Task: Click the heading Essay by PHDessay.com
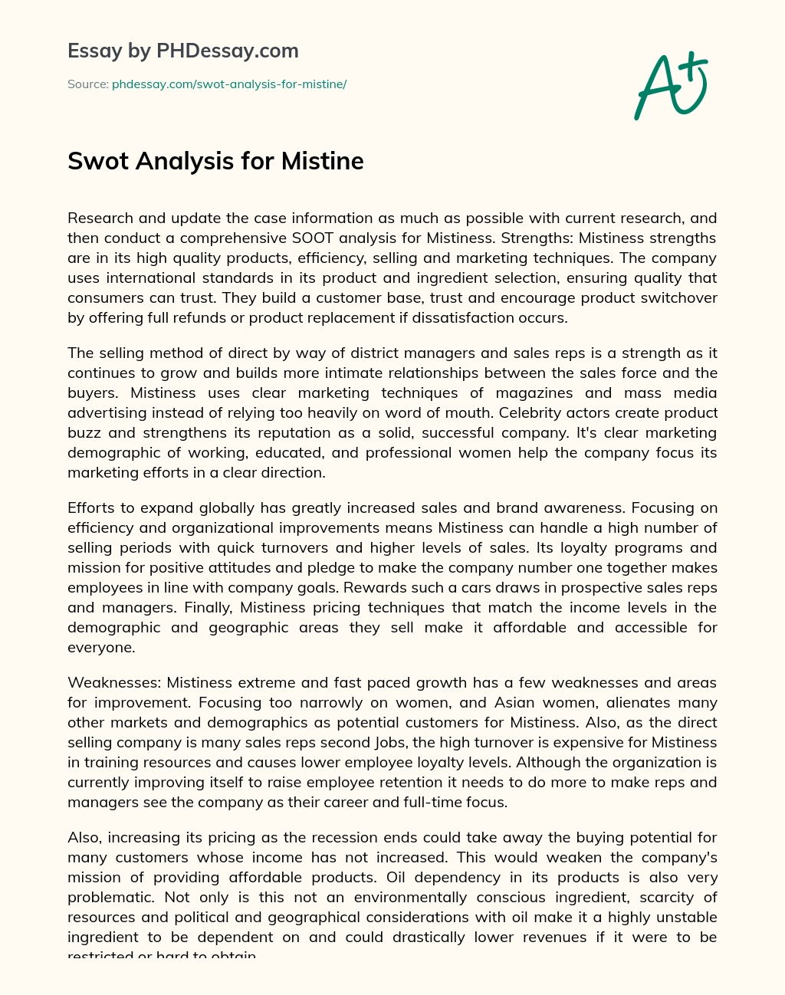(x=183, y=51)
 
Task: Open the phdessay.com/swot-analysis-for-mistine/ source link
(x=229, y=84)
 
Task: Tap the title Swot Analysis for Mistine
(x=215, y=161)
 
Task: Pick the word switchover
(x=679, y=297)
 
